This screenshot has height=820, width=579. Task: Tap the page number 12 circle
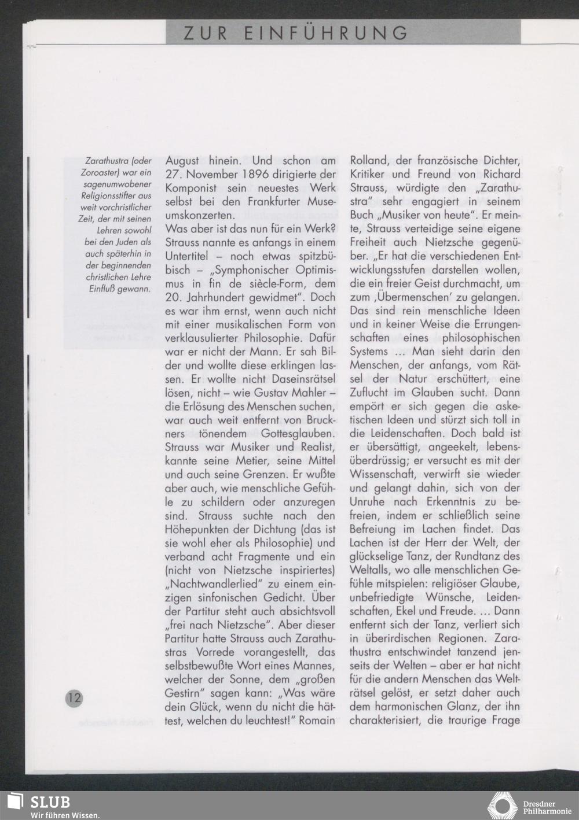pyautogui.click(x=74, y=697)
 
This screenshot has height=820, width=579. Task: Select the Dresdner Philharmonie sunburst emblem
pyautogui.click(x=503, y=806)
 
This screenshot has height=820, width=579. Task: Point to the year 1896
pyautogui.click(x=270, y=174)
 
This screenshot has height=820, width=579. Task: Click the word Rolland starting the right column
pyautogui.click(x=368, y=161)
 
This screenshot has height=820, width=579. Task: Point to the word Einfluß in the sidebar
pyautogui.click(x=102, y=289)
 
